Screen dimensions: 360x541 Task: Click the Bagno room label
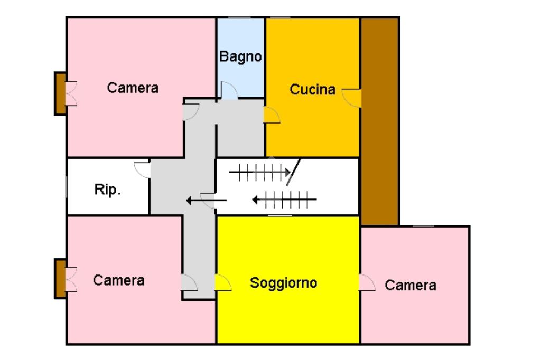pos(240,56)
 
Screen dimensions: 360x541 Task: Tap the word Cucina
pos(312,90)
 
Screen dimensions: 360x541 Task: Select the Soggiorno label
pos(283,283)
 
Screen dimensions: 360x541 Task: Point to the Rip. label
pos(108,190)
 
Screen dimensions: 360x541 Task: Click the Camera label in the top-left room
pos(132,88)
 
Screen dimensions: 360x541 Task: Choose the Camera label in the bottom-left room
pos(118,280)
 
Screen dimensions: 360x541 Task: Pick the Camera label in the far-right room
pos(411,286)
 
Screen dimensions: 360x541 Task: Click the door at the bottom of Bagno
pos(228,91)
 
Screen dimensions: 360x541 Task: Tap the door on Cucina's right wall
pos(352,97)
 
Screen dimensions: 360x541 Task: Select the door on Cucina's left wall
pos(272,115)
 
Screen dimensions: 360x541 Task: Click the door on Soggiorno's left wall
pos(223,282)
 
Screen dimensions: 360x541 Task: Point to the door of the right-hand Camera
pos(367,283)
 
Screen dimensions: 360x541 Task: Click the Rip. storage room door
pos(143,169)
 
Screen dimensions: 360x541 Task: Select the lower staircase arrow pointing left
pos(284,200)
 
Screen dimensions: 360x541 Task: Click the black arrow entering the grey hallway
pos(206,200)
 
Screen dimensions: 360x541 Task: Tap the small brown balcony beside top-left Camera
pos(60,93)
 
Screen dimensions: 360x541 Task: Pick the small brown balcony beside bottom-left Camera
pos(60,279)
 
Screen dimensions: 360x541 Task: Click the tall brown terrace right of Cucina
pos(379,121)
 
